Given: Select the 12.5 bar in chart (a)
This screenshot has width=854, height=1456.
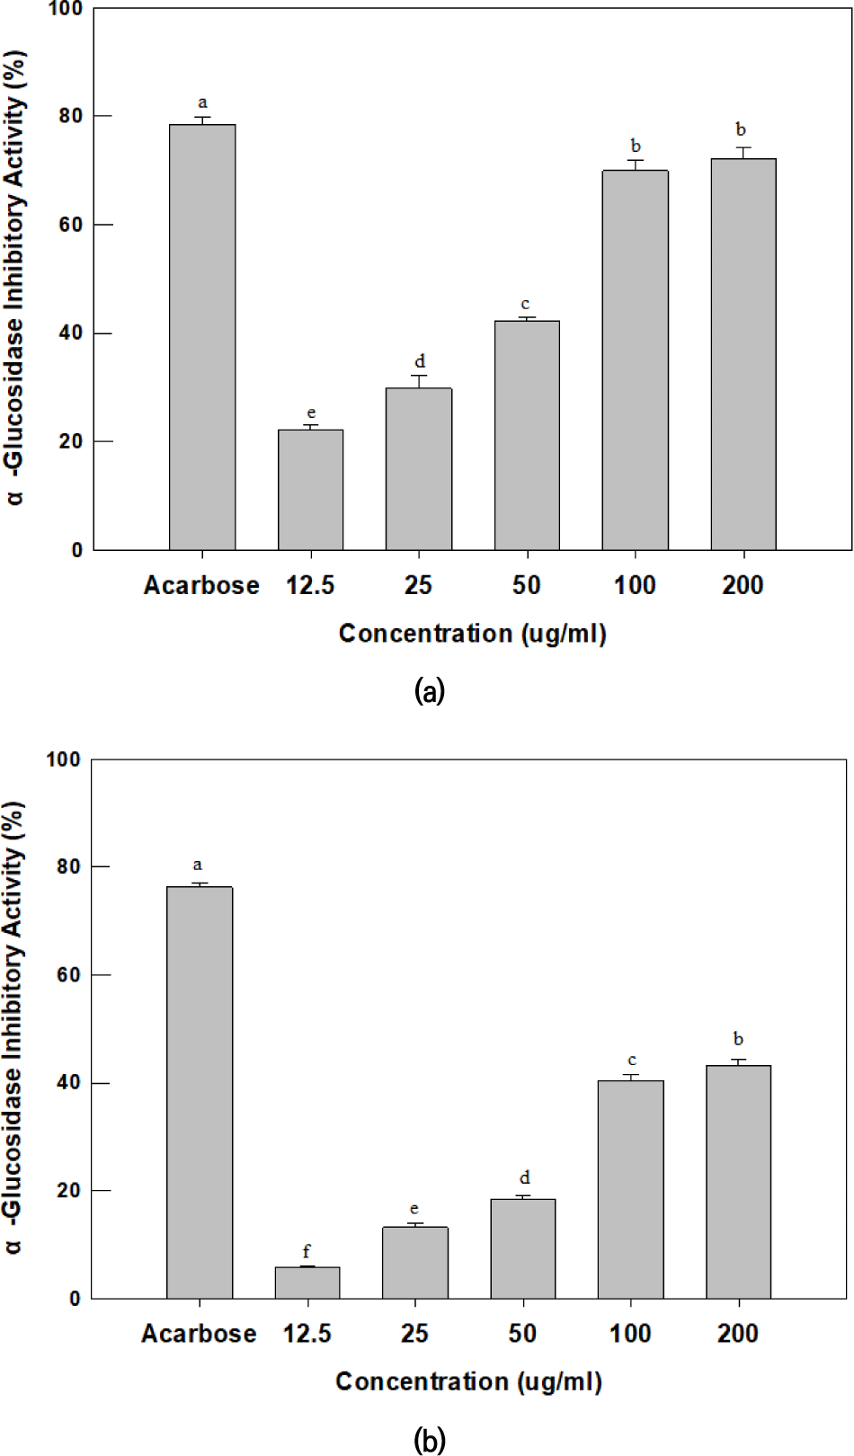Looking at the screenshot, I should coord(310,490).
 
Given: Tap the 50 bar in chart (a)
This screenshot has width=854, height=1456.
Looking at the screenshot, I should coord(527,436).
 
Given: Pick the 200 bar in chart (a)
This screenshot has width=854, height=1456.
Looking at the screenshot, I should coord(743,355).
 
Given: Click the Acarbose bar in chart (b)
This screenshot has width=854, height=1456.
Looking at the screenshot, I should coord(200,1092).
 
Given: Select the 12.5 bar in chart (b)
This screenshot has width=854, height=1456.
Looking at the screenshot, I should coord(307,1283).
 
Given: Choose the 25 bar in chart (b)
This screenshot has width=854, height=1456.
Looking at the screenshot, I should coord(414,1263).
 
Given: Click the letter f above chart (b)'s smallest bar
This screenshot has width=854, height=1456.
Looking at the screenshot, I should coord(307,1251).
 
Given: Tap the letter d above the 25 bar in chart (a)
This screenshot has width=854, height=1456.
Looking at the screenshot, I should coord(420,361).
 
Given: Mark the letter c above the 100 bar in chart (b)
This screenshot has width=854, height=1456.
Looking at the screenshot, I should coord(632,1061).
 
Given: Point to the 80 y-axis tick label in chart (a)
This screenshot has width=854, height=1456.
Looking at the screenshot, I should coord(71,117).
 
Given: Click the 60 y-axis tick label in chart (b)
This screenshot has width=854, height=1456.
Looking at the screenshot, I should coord(69,975).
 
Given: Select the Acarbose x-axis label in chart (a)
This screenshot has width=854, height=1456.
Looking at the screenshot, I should coord(201,586).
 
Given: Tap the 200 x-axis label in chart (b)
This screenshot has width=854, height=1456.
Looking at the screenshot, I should coord(738,1333).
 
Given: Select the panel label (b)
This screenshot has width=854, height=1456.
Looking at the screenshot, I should coord(430,1441).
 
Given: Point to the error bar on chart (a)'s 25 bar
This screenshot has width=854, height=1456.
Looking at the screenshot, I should coord(419,381).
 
